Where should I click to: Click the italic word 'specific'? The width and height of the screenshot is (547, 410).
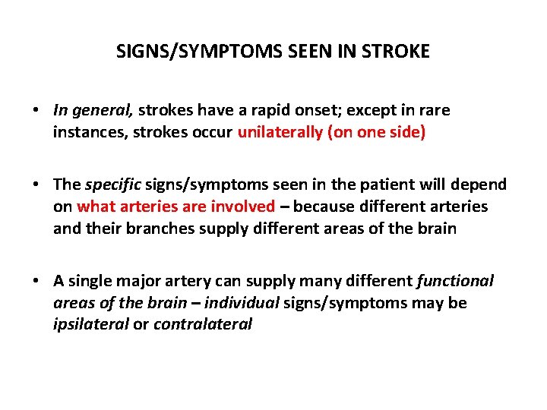tap(114, 184)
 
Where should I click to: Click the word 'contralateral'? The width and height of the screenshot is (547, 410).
tap(202, 325)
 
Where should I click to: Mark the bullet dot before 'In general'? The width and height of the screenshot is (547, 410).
tap(36, 111)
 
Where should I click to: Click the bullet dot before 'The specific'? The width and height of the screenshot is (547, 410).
tap(36, 185)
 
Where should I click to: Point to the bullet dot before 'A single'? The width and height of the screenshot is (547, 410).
tap(36, 282)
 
